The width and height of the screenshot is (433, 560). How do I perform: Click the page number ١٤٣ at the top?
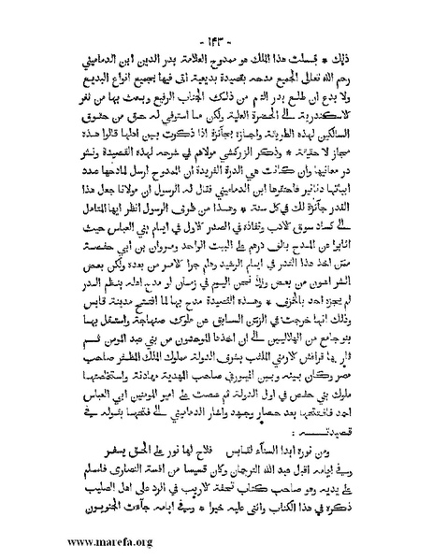(217, 16)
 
